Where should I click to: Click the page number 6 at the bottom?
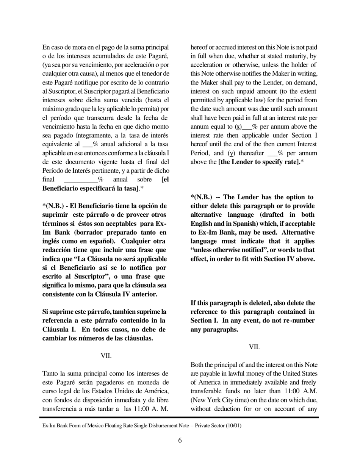[x=180, y=440]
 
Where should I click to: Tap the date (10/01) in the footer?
[x=233, y=425]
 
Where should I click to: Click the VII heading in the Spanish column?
[x=106, y=356]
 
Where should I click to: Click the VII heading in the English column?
[x=254, y=347]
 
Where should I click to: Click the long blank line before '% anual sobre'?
[x=81, y=180]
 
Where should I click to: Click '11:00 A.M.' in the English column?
[x=303, y=391]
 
